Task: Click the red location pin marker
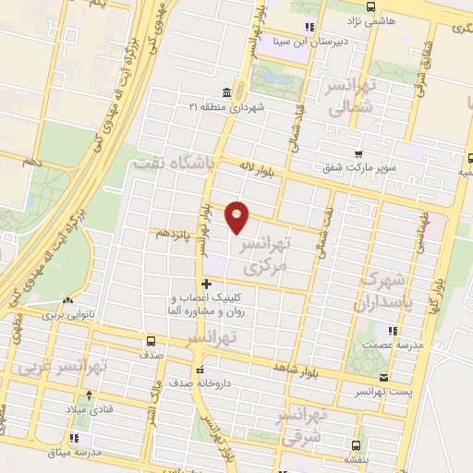[238, 216]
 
